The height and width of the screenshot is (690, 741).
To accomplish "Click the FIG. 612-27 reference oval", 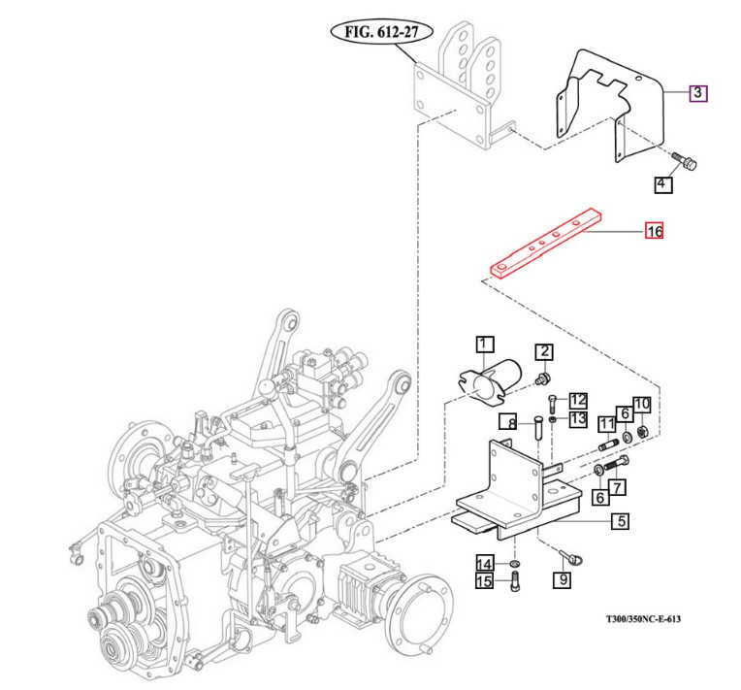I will coord(383,32).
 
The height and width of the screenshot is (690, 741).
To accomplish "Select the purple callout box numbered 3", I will coord(698,93).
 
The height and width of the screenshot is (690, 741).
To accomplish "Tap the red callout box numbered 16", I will coord(654,232).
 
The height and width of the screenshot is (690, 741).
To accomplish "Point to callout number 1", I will coord(484,344).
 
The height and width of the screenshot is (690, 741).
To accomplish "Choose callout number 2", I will coord(546,351).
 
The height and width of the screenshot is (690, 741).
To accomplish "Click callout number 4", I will coord(663,183).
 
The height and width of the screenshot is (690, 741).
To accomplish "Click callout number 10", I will coord(641,403).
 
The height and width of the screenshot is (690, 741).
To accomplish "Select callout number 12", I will coord(578,400).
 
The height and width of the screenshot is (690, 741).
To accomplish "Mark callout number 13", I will coord(578,419).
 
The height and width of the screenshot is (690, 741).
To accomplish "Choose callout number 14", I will coord(484,563).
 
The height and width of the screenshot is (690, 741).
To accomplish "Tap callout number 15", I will coord(484,581).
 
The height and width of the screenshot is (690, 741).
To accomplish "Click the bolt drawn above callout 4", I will coord(687,161).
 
